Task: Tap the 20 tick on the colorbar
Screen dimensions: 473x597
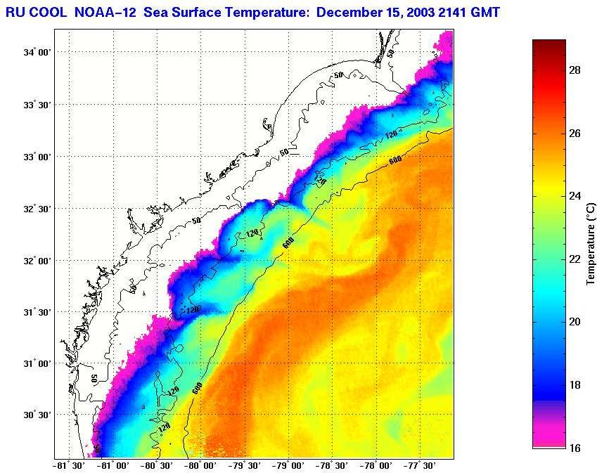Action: tap(574, 322)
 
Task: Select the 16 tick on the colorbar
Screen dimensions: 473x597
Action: tap(574, 448)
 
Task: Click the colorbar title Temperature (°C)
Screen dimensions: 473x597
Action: tap(591, 244)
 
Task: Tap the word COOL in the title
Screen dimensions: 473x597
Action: tap(49, 12)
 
